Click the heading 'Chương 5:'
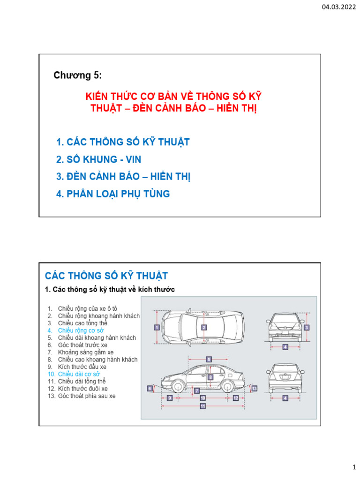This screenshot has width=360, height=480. tap(77, 75)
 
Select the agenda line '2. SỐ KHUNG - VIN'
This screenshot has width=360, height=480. tap(98, 159)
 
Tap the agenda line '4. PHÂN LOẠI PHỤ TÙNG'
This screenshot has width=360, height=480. tap(112, 194)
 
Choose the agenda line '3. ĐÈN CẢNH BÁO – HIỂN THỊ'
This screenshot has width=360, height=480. tap(123, 177)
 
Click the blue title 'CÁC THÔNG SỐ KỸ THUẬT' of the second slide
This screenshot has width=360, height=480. tap(106, 275)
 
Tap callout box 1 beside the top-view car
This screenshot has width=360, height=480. tap(156, 328)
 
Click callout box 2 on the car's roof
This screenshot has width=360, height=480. tap(204, 328)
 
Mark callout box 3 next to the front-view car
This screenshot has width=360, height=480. tap(306, 327)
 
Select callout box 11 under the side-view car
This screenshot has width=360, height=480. tap(203, 406)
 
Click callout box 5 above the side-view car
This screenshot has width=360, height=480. tap(209, 359)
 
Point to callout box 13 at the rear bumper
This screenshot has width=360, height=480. tap(254, 389)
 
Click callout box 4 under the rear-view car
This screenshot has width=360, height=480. tap(285, 398)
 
